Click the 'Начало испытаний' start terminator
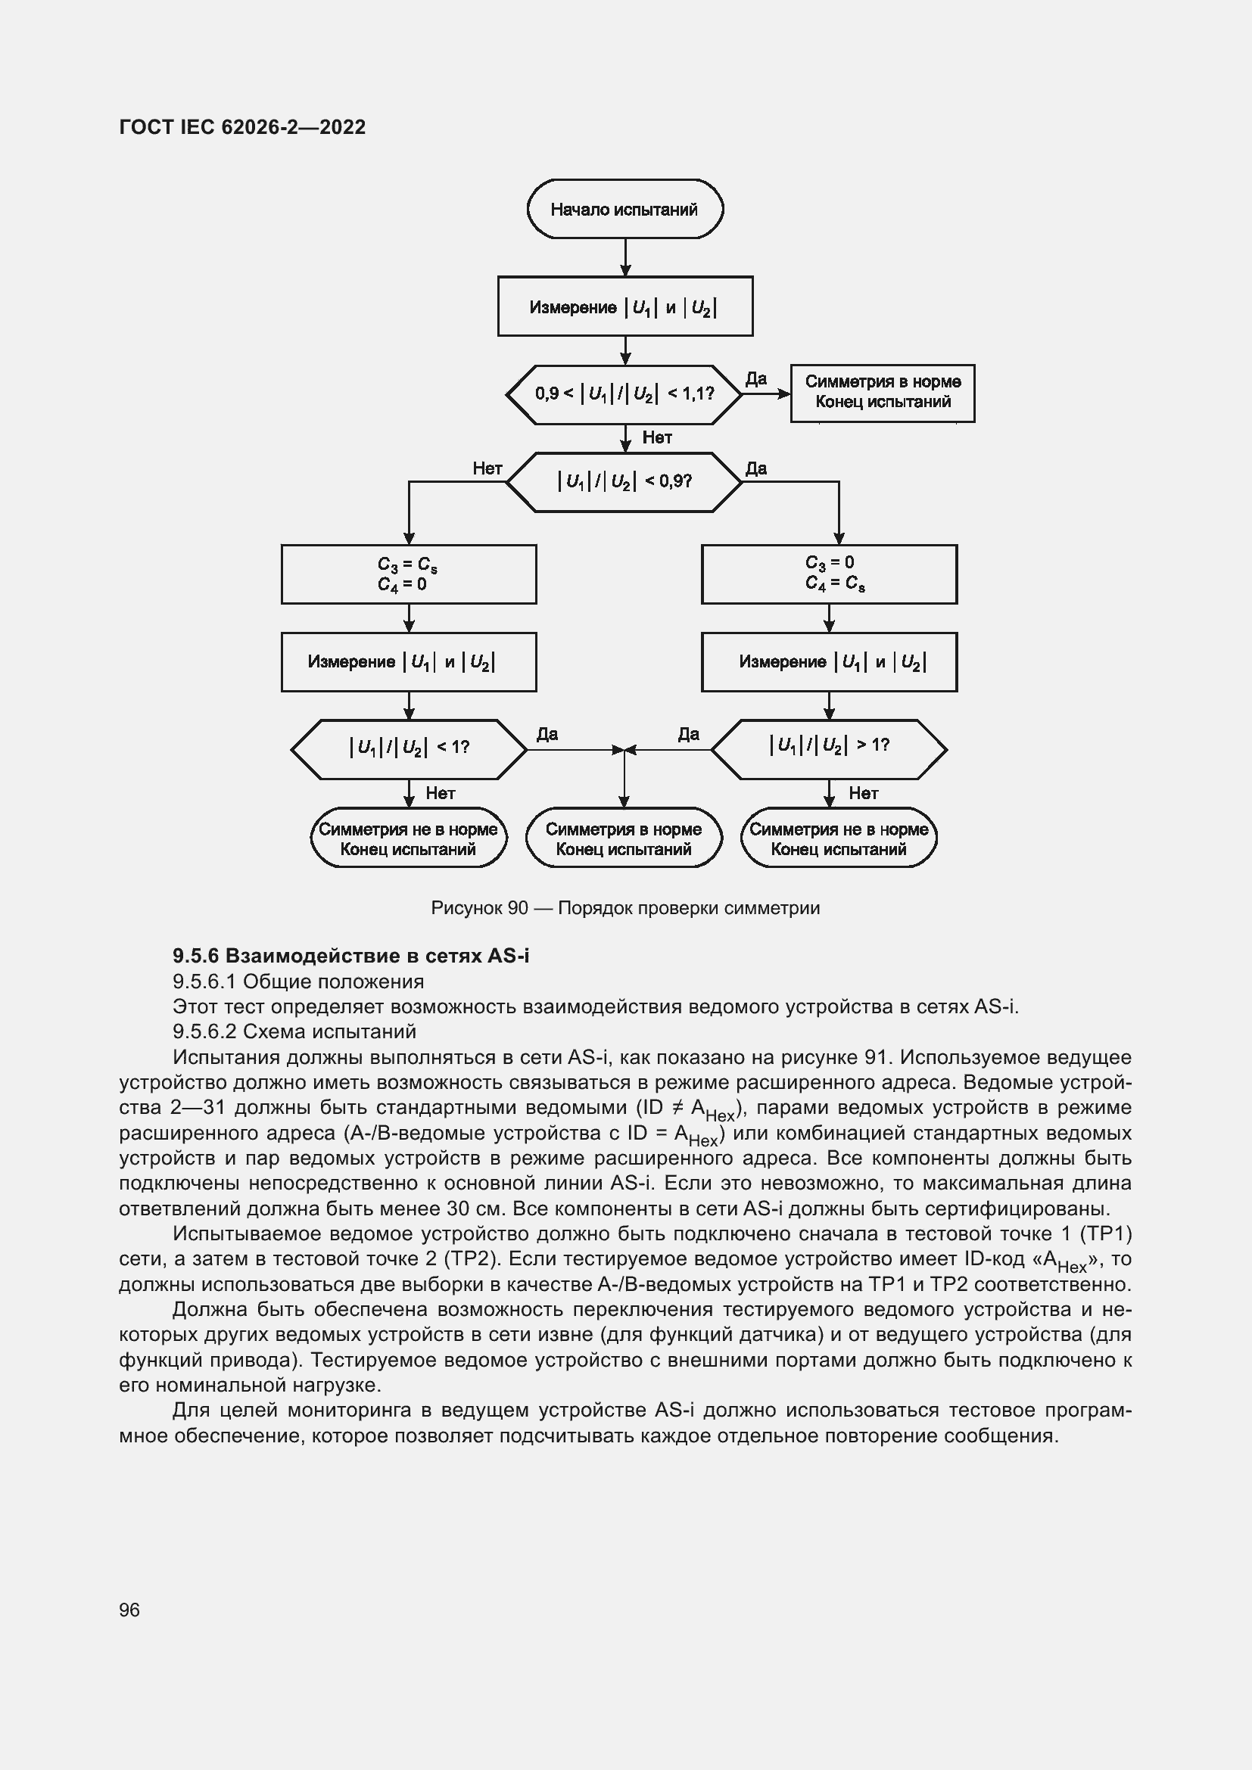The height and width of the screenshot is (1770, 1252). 624,209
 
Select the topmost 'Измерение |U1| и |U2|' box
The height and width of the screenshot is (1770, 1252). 624,306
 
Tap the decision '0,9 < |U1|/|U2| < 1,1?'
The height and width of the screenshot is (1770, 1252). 624,394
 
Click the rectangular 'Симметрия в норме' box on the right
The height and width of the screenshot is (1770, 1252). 882,394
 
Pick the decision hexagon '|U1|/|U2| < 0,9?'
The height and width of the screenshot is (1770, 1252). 624,482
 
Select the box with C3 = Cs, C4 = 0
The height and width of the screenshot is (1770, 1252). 408,574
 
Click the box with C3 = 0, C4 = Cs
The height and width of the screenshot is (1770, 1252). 829,574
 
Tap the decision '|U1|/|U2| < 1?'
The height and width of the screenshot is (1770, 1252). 409,748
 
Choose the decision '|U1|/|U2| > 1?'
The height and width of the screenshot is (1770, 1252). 829,748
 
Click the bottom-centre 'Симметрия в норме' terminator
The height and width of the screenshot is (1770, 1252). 624,838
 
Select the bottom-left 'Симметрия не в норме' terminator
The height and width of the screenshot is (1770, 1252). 408,838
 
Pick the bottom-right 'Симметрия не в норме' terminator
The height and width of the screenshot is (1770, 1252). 839,838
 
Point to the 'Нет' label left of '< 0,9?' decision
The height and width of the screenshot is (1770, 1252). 487,468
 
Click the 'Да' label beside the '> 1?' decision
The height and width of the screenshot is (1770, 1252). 688,735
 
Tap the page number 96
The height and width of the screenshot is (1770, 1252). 129,1610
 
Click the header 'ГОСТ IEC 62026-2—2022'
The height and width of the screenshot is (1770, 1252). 242,127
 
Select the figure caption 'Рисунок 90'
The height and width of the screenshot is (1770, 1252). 624,908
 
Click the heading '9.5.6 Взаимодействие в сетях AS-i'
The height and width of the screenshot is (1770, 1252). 350,956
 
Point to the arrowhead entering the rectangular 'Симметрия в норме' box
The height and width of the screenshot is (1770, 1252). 785,394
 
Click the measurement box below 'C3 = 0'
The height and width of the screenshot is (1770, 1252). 829,662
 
